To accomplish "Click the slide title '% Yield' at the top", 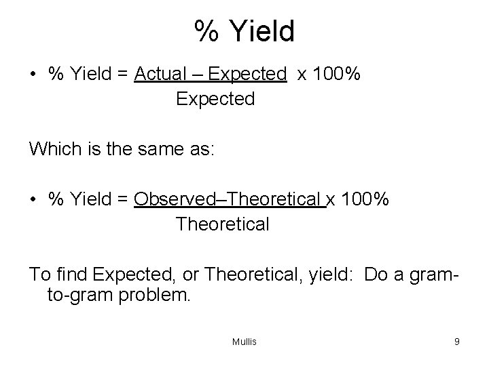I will coord(244,32).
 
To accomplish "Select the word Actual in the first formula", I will coord(158,73).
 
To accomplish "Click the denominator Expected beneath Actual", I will coord(215,99).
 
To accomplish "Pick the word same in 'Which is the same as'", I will coord(162,148).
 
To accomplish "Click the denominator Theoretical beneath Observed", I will coord(222,224).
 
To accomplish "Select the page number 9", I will coord(457,342).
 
